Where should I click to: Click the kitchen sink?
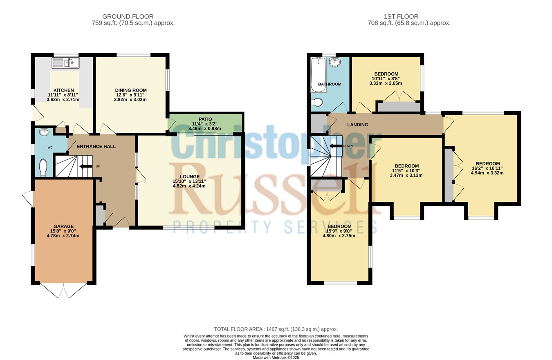pyautogui.click(x=65, y=63)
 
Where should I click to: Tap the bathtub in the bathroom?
pyautogui.click(x=319, y=75)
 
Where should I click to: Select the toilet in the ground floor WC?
pyautogui.click(x=43, y=168)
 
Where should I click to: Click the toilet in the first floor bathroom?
pyautogui.click(x=316, y=102)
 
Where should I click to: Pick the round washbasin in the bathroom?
pyautogui.click(x=335, y=62)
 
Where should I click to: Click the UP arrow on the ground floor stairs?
pyautogui.click(x=85, y=167)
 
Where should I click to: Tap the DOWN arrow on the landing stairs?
pyautogui.click(x=336, y=146)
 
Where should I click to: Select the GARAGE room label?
pyautogui.click(x=63, y=226)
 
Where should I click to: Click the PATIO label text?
pyautogui.click(x=205, y=119)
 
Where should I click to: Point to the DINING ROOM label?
pyautogui.click(x=131, y=90)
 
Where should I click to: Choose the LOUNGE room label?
pyautogui.click(x=190, y=177)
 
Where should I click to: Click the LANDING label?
pyautogui.click(x=357, y=125)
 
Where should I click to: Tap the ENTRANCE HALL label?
pyautogui.click(x=96, y=147)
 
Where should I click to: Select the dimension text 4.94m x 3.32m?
pyautogui.click(x=487, y=173)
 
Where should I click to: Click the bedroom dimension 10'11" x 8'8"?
pyautogui.click(x=386, y=78)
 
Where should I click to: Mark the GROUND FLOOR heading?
pyautogui.click(x=128, y=16)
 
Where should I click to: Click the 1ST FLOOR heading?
pyautogui.click(x=401, y=16)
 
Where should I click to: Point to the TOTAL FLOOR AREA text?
pyautogui.click(x=276, y=329)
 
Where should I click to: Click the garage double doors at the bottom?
pyautogui.click(x=63, y=291)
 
